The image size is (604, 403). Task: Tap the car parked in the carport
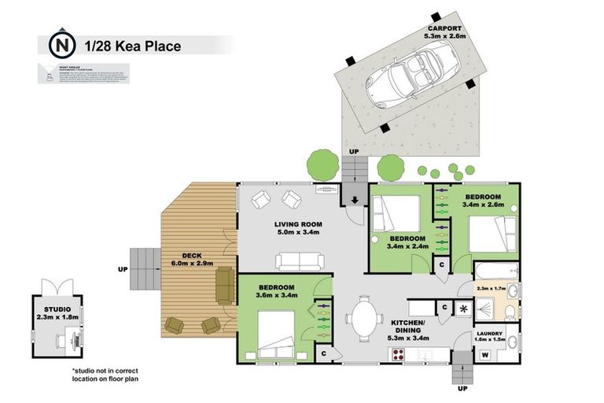point(410,75)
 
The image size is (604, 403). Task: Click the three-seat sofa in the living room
point(299,261)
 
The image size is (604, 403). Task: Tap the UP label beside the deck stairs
point(122,268)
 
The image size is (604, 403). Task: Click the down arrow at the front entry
point(355,200)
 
